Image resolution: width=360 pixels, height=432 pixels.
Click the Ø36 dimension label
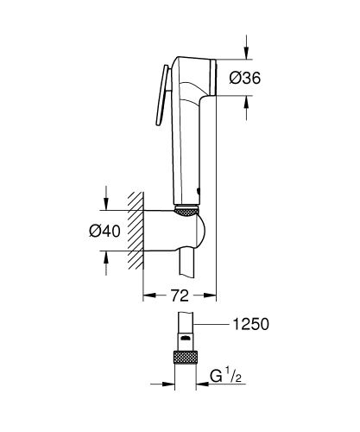[245, 79]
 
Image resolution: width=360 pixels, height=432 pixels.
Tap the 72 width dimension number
[179, 295]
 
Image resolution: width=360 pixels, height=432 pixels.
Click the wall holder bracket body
[173, 229]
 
